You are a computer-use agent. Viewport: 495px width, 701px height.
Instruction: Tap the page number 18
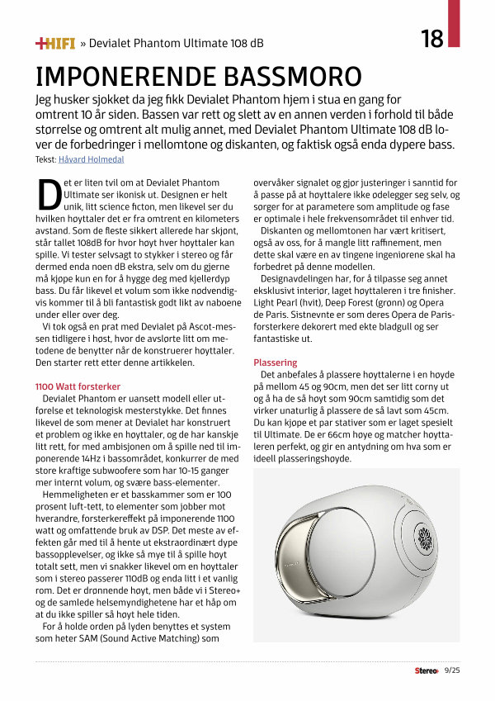point(432,39)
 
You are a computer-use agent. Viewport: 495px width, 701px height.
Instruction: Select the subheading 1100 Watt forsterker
point(78,386)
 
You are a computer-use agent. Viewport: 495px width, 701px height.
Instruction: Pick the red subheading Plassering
point(276,362)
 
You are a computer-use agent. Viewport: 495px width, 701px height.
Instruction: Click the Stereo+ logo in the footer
point(427,670)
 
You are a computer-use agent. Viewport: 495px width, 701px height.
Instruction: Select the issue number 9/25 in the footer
point(453,670)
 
